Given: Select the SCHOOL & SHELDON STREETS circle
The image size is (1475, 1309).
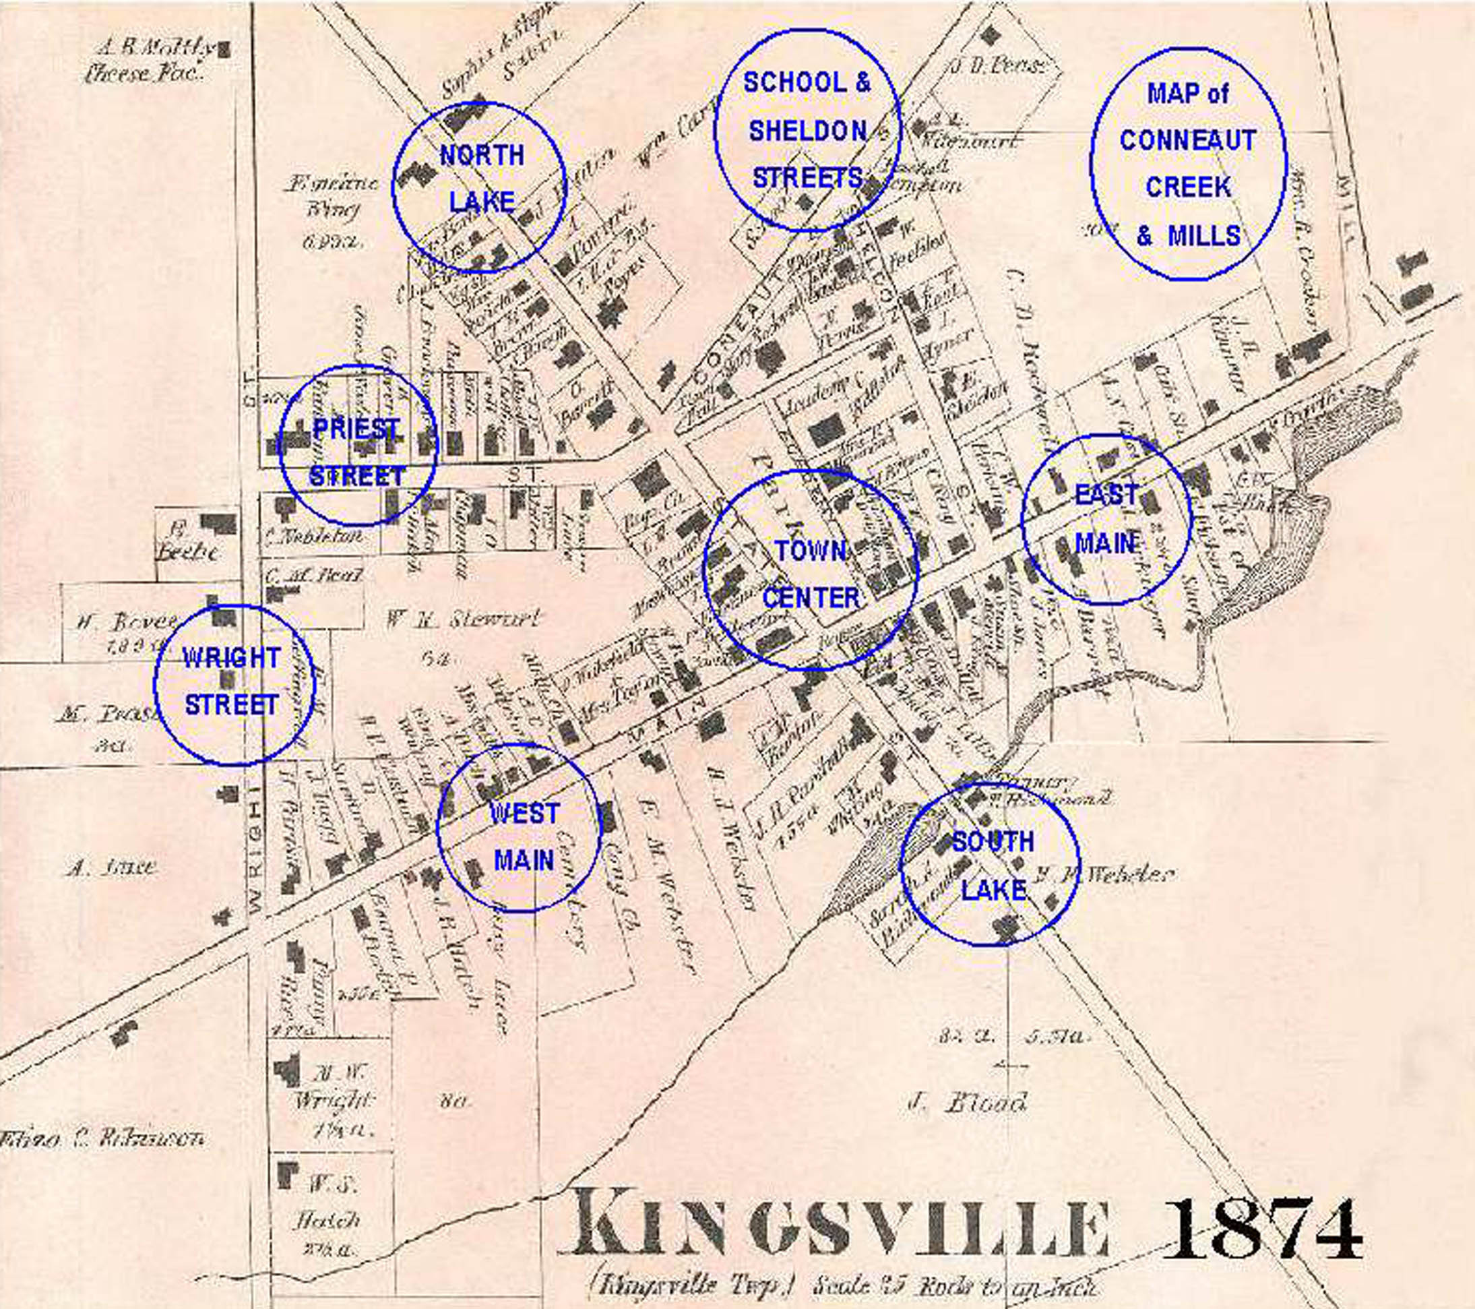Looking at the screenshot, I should [x=807, y=131].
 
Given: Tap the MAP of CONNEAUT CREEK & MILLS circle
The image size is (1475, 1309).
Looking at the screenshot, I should [x=1188, y=164].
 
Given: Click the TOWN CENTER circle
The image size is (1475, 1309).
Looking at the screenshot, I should [x=811, y=570].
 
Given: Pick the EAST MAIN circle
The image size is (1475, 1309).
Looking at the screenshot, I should [x=1106, y=519].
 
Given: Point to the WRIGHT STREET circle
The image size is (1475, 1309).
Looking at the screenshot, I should [x=234, y=683].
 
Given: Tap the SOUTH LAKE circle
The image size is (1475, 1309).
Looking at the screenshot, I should [x=989, y=865].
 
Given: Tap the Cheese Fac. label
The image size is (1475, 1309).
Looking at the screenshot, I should [x=142, y=74].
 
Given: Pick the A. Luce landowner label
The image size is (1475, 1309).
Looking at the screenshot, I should [x=111, y=867].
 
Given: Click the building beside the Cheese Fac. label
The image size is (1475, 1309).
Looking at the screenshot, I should [x=224, y=50].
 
